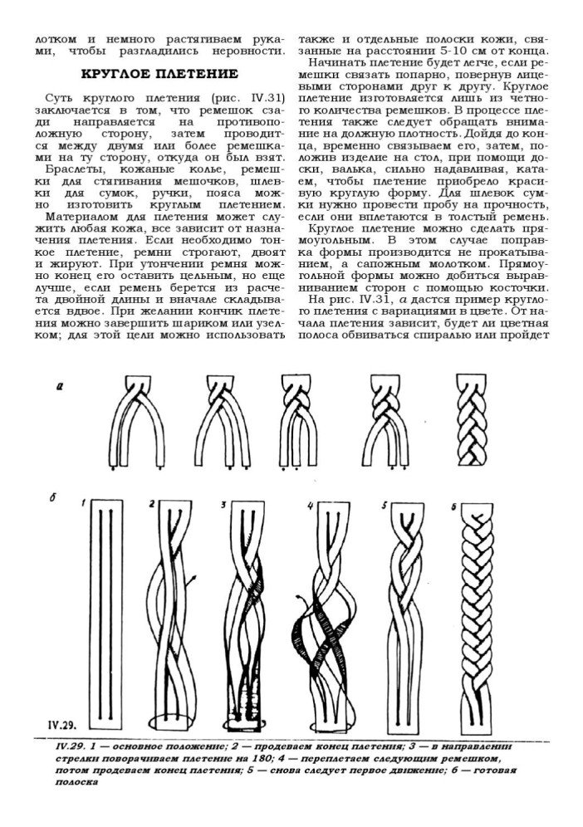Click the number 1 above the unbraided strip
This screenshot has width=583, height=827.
[83, 502]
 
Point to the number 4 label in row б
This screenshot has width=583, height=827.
[310, 505]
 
